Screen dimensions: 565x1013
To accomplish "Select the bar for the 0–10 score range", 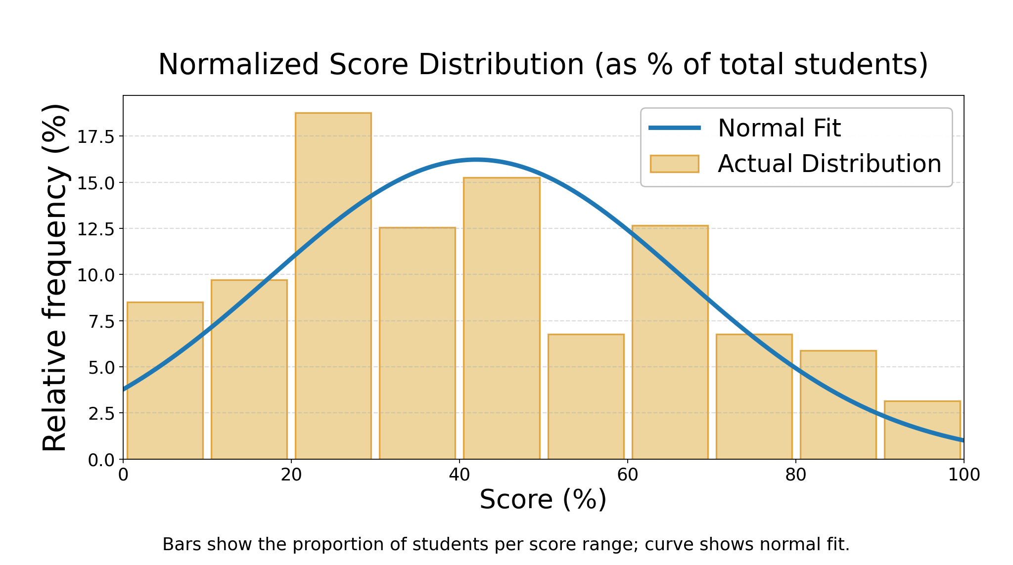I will pos(165,381).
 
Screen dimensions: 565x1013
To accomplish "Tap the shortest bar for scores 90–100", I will pos(922,430).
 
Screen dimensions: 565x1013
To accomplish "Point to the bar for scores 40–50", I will pos(502,318).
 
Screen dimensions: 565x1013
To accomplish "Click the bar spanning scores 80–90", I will pos(838,405).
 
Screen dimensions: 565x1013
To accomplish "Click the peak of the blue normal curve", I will pos(476,160).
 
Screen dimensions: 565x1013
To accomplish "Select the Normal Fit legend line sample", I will pos(675,128).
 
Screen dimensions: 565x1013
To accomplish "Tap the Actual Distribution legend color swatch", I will pos(674,164).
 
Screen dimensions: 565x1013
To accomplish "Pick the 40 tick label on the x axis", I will pos(459,475).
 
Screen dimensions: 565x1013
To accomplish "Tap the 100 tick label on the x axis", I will pos(964,475).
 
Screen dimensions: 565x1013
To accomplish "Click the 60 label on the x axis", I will pos(627,475).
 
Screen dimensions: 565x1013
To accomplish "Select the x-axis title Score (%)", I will pos(543,499).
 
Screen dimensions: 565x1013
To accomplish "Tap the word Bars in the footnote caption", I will pos(177,544).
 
